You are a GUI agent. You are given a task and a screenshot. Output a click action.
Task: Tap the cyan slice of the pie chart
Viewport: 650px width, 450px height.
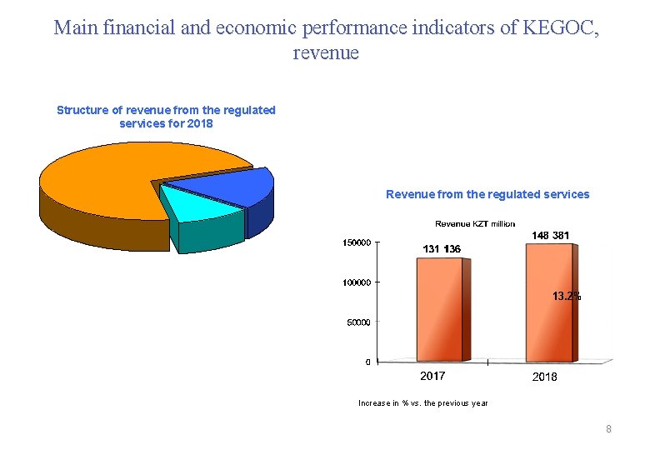pyautogui.click(x=188, y=205)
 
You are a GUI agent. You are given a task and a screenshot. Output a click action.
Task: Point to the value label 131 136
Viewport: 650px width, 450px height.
pyautogui.click(x=442, y=249)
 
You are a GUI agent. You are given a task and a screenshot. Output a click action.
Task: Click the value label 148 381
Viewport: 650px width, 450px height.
pyautogui.click(x=551, y=236)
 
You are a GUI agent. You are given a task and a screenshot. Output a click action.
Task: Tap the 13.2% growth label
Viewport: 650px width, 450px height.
pyautogui.click(x=567, y=296)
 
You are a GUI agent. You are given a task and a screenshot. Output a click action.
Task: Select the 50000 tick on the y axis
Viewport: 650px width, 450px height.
pyautogui.click(x=358, y=322)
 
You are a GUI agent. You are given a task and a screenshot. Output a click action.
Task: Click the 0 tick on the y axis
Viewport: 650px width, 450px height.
pyautogui.click(x=367, y=362)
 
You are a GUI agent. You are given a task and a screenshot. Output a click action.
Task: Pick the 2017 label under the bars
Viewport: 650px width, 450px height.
pyautogui.click(x=432, y=377)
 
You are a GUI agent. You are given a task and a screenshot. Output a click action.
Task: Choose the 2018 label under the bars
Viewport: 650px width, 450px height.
pyautogui.click(x=544, y=377)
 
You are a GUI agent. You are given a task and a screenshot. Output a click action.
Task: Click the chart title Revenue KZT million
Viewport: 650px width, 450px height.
pyautogui.click(x=475, y=223)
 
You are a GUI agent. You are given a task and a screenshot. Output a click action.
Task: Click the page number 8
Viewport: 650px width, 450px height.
pyautogui.click(x=609, y=429)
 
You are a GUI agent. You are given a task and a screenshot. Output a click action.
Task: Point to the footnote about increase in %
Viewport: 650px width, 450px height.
pyautogui.click(x=423, y=403)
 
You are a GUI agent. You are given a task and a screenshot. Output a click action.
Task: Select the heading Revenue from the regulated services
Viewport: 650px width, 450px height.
pyautogui.click(x=487, y=194)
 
